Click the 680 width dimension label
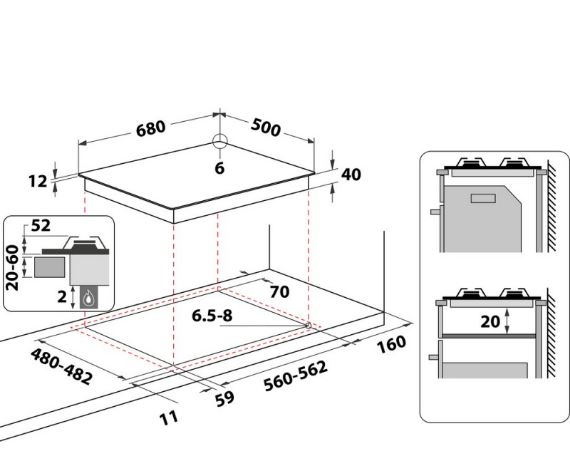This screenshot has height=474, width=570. click(151, 128)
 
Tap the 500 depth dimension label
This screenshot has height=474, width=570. click(266, 128)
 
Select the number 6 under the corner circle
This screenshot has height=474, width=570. click(220, 168)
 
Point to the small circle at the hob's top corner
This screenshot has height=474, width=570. click(220, 141)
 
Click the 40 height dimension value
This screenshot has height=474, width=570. click(351, 174)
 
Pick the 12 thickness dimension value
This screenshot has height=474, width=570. click(38, 181)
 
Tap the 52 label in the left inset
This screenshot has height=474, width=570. click(40, 225)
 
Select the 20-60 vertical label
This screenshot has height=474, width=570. click(13, 268)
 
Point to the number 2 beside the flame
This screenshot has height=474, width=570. click(62, 297)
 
